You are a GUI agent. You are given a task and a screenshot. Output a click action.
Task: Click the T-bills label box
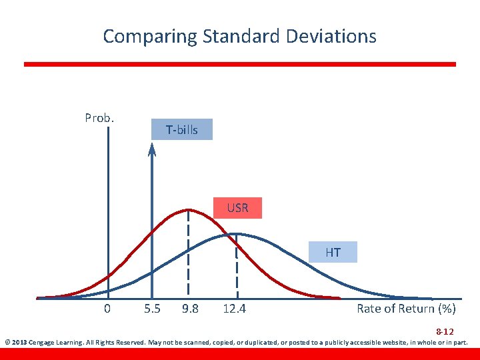click(182, 130)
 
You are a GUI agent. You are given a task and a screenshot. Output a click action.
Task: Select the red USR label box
click(237, 208)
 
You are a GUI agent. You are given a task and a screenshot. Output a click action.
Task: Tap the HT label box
click(333, 252)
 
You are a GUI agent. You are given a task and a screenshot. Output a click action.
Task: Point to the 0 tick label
click(107, 309)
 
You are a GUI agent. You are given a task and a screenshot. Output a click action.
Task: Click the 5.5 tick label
click(152, 309)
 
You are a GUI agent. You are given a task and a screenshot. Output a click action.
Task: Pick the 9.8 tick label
click(190, 309)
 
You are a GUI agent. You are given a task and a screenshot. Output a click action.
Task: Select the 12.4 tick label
click(234, 309)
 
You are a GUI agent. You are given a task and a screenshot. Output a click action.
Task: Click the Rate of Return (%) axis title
click(406, 309)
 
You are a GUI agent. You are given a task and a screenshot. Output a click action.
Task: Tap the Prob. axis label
click(99, 118)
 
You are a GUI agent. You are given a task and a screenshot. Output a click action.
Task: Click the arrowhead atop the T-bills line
click(152, 149)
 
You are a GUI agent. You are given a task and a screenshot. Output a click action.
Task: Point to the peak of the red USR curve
click(189, 209)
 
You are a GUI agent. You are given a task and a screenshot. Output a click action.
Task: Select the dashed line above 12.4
click(237, 267)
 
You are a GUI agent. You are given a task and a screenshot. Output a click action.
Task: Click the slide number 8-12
click(445, 331)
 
